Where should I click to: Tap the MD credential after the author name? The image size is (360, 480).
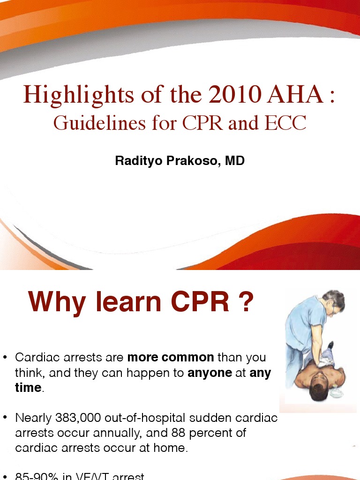coord(235,161)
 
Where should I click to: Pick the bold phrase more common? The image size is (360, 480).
coord(171,357)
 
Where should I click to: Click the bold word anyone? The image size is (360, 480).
coord(210,373)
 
